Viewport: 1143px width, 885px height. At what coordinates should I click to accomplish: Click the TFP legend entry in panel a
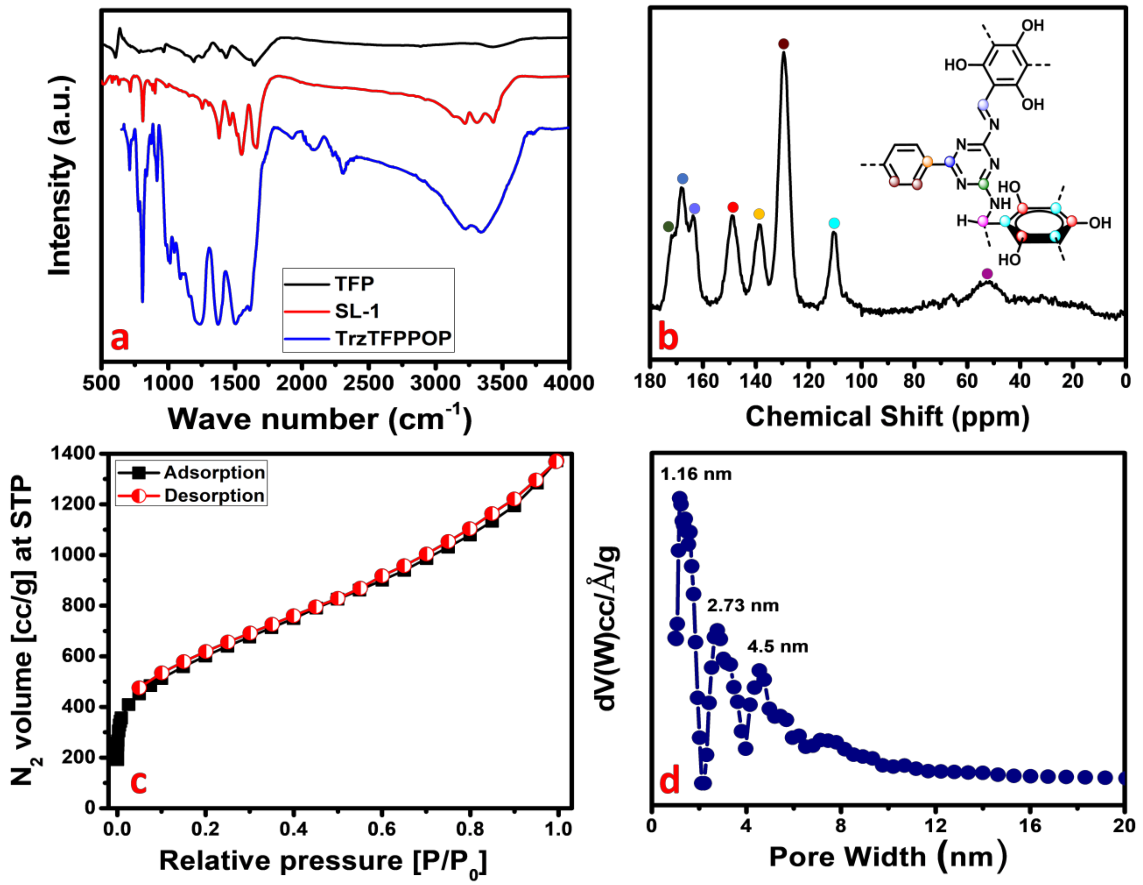354,284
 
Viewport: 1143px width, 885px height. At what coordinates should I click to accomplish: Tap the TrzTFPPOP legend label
393,338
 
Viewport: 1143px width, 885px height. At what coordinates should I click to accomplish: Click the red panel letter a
120,338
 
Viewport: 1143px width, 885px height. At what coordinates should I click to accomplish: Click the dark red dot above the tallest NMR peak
783,44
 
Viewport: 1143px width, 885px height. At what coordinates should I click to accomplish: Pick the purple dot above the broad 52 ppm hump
987,274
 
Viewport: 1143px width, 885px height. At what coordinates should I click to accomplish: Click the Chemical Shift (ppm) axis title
887,417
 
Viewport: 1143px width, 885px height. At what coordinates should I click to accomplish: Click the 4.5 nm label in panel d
778,647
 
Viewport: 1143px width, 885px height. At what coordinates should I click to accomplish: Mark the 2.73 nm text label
743,606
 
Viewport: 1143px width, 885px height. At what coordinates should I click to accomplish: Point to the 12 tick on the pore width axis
935,826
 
